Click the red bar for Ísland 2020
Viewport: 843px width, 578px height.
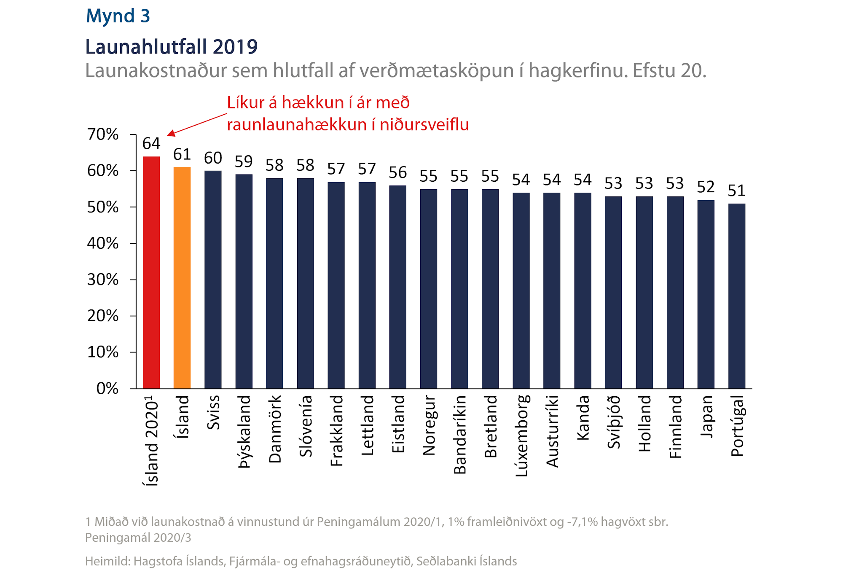point(151,272)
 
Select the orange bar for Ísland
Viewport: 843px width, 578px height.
point(182,278)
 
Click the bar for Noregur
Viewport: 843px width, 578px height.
point(428,289)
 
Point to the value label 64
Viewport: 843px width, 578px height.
point(151,144)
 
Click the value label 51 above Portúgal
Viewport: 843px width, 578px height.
point(736,191)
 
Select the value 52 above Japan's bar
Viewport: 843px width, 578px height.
point(706,187)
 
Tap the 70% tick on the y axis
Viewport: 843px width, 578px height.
point(103,134)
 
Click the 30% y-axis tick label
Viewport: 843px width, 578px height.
point(103,280)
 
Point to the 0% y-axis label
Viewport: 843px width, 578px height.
point(107,388)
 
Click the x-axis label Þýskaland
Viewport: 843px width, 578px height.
point(244,432)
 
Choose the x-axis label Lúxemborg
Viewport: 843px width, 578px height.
point(521,436)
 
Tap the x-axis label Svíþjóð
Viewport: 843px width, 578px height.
point(614,422)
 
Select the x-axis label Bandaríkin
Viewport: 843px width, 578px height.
point(459,435)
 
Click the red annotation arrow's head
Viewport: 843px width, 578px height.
point(170,134)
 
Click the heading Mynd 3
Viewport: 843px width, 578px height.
point(118,16)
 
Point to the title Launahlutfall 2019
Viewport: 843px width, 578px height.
point(171,46)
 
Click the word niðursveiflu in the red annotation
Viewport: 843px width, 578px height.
point(424,125)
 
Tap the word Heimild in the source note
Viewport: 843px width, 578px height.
point(107,562)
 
